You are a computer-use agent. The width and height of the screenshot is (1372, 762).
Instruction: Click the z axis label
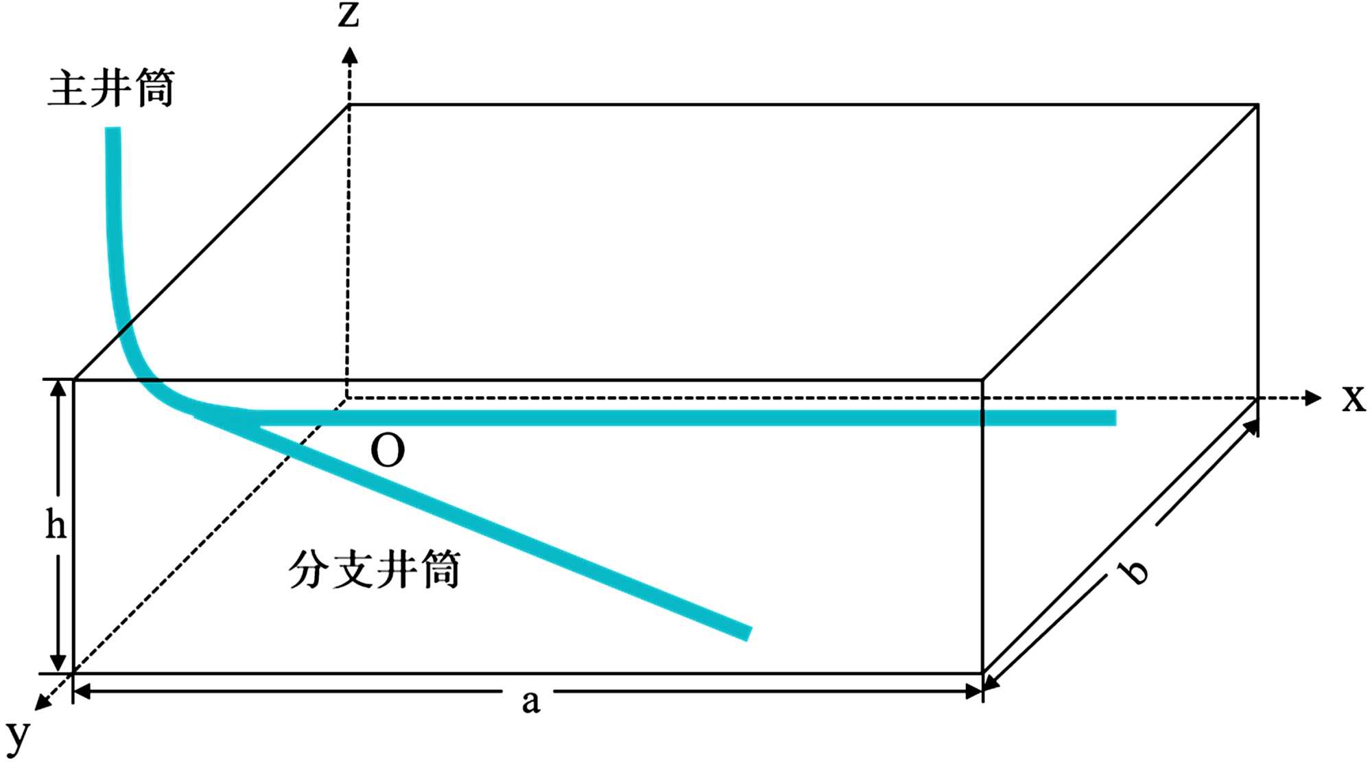(348, 15)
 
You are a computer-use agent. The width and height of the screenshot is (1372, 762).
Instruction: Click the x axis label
(1353, 398)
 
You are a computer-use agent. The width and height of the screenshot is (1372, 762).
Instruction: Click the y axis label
(18, 736)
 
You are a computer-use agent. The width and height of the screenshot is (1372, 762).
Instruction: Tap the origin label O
(388, 451)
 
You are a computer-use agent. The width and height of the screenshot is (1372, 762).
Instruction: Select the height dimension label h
(56, 526)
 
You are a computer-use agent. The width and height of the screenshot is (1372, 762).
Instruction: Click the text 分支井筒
(374, 570)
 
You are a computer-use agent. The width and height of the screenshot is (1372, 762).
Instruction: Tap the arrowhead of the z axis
(350, 55)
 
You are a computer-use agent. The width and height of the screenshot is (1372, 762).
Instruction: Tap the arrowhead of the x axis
(1313, 397)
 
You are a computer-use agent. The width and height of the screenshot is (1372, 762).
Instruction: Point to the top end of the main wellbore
(113, 130)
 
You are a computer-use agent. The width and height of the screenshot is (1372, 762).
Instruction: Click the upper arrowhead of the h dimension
(58, 388)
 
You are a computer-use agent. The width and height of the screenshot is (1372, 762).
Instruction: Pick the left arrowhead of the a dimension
(81, 692)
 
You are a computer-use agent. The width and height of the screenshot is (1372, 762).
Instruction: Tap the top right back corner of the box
(1257, 104)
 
